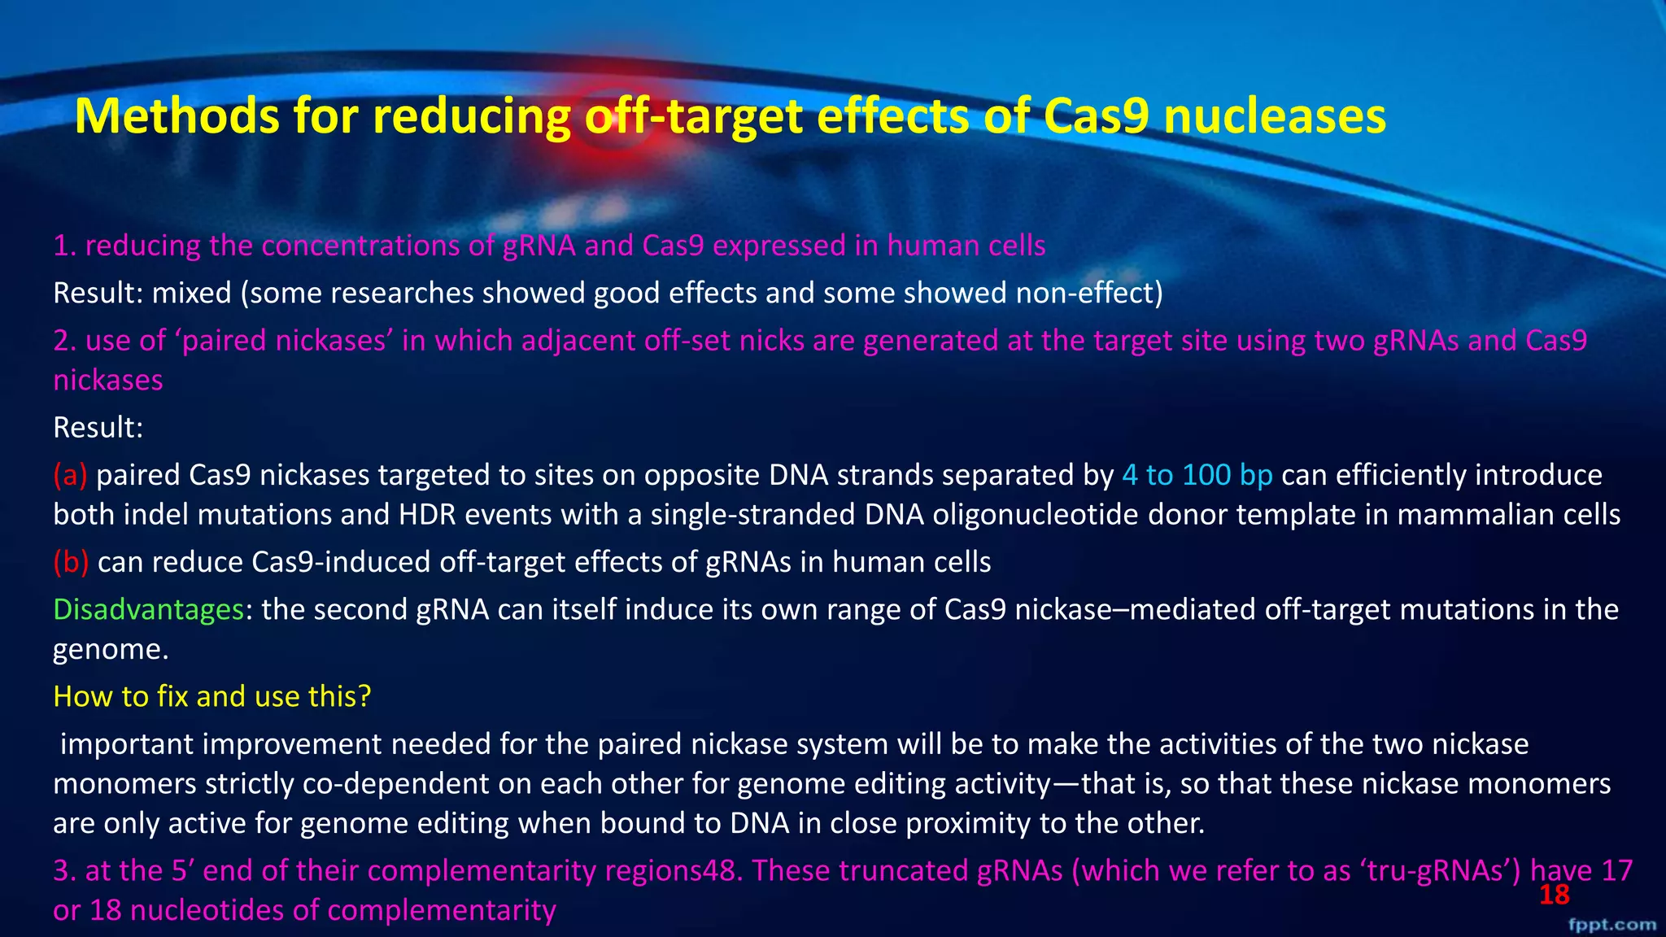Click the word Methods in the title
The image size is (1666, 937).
177,116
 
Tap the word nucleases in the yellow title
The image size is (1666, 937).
1274,116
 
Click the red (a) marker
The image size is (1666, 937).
70,475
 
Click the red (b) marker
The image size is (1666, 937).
71,562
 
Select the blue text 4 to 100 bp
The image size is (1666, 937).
1197,475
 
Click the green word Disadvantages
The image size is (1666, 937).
148,609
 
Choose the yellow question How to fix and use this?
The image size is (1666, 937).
212,696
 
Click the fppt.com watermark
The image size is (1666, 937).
1611,925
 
